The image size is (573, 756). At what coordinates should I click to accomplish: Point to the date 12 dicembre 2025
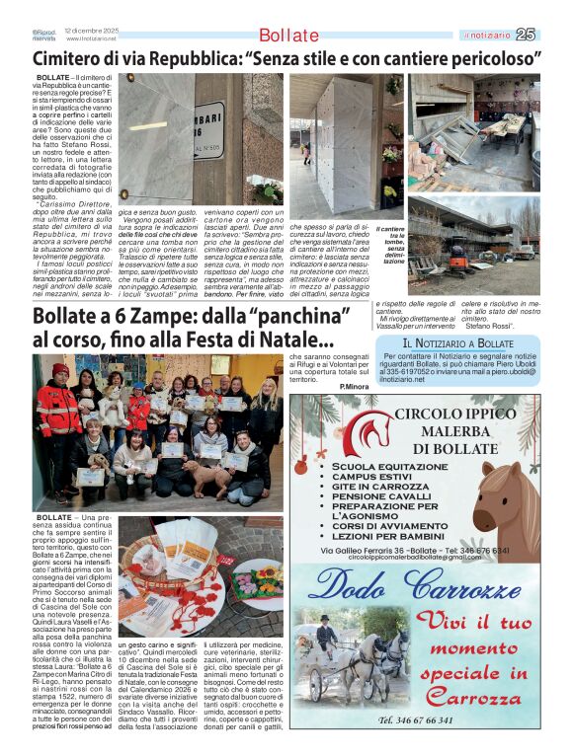(92, 31)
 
